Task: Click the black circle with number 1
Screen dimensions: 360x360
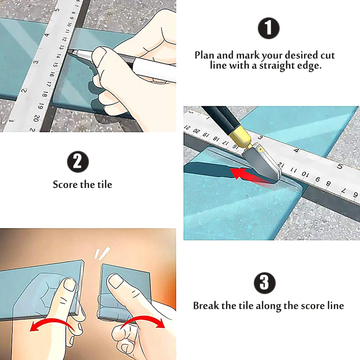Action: (x=269, y=28)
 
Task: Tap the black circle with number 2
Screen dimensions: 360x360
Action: (x=78, y=161)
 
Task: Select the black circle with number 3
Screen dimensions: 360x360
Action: (x=265, y=283)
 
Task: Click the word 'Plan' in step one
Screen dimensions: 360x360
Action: (x=204, y=55)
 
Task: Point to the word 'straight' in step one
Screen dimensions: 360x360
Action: (x=277, y=66)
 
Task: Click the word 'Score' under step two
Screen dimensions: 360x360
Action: (x=64, y=184)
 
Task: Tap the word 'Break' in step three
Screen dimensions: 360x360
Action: (x=206, y=306)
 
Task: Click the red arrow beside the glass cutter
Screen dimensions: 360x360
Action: (x=250, y=176)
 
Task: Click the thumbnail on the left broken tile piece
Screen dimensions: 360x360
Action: (x=69, y=285)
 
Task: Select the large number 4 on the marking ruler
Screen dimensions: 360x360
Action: (x=47, y=35)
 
